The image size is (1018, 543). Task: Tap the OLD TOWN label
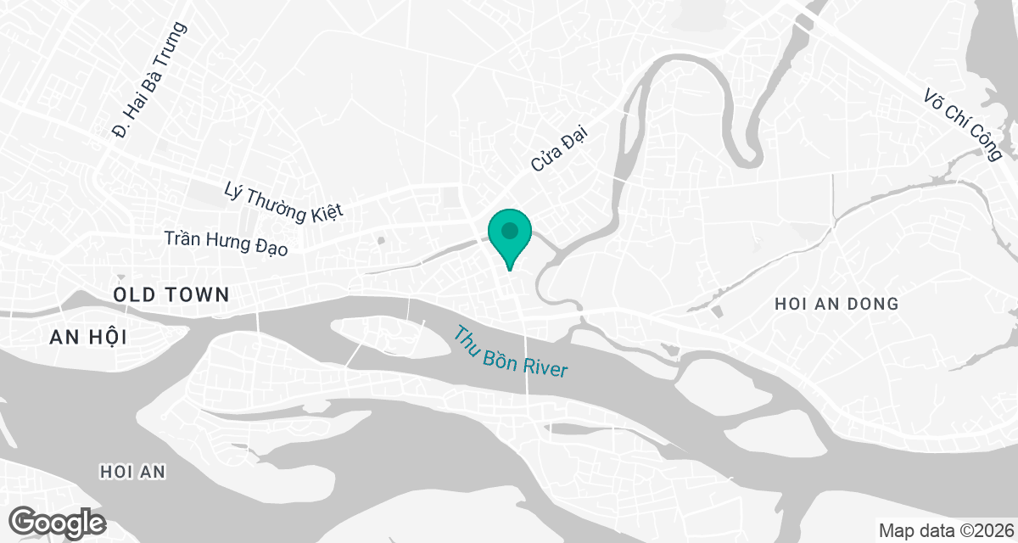pos(173,295)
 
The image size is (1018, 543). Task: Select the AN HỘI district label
pos(88,337)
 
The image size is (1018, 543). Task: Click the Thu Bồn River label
pos(509,352)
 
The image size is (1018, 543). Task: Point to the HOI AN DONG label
pos(836,304)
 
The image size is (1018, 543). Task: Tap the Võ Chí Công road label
pos(963,124)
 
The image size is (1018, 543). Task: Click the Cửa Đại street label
pos(559,146)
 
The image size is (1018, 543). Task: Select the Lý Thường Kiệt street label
pos(283,202)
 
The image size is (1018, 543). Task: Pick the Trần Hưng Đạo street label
pos(227,243)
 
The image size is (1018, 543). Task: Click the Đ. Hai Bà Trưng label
pos(149,81)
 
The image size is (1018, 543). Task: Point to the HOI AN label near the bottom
pos(132,471)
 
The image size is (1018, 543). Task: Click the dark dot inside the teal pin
pos(509,231)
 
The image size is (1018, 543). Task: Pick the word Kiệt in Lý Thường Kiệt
pos(327,212)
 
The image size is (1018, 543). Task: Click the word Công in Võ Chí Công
pos(986,142)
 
